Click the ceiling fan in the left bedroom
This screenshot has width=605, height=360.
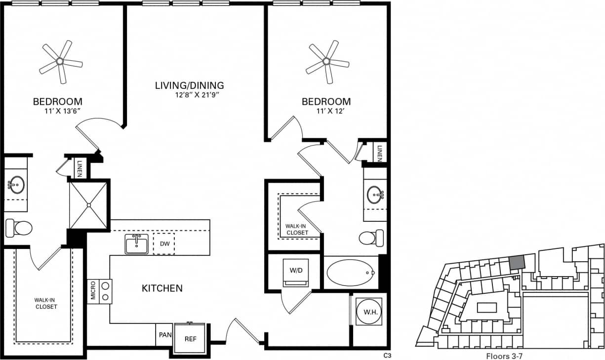pyautogui.click(x=60, y=61)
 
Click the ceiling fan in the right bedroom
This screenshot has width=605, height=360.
pyautogui.click(x=326, y=61)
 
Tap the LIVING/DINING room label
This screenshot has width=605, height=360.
pyautogui.click(x=190, y=85)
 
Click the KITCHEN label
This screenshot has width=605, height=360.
pyautogui.click(x=162, y=288)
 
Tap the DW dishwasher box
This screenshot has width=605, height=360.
pyautogui.click(x=163, y=244)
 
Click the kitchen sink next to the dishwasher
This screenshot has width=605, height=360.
pyautogui.click(x=136, y=244)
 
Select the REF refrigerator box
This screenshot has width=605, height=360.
pyautogui.click(x=190, y=339)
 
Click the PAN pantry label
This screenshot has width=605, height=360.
pyautogui.click(x=165, y=335)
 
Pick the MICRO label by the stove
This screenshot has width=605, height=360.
pyautogui.click(x=93, y=291)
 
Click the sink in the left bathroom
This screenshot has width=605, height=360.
pyautogui.click(x=16, y=185)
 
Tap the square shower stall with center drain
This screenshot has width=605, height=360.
pyautogui.click(x=88, y=205)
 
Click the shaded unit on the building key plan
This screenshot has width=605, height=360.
pyautogui.click(x=516, y=263)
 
